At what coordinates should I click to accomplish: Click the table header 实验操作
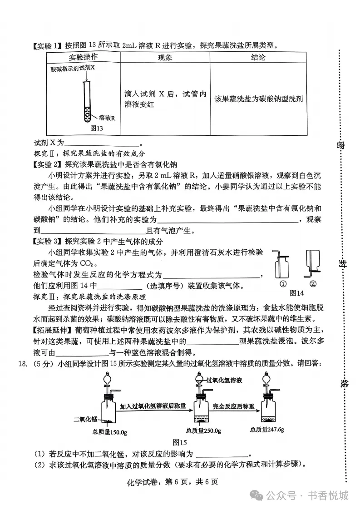pyautogui.click(x=83, y=58)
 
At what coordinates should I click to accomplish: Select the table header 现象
pyautogui.click(x=165, y=58)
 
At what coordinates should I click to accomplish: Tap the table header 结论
pyautogui.click(x=258, y=58)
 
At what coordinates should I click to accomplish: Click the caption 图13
pyautogui.click(x=97, y=129)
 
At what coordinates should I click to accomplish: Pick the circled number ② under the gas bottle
pyautogui.click(x=312, y=284)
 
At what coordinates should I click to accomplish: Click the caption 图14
pyautogui.click(x=296, y=292)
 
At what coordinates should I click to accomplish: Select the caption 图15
pyautogui.click(x=180, y=442)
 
